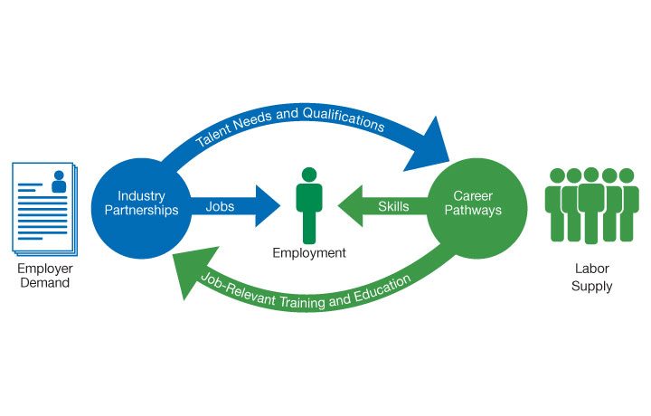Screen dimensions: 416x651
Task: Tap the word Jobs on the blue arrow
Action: point(220,206)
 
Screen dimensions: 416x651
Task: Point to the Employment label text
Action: point(309,253)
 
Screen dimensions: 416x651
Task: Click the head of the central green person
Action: point(309,175)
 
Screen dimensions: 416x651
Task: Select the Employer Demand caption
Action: point(42,276)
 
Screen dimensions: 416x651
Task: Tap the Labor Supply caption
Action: point(593,279)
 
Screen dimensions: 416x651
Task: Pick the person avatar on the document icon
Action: point(60,182)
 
